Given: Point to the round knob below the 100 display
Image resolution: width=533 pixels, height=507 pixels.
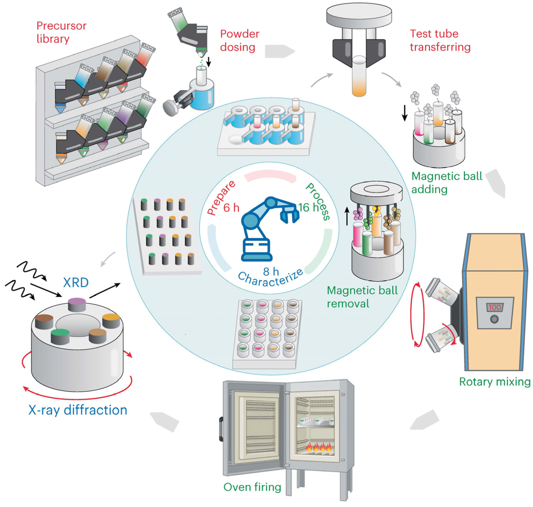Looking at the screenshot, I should tap(494, 319).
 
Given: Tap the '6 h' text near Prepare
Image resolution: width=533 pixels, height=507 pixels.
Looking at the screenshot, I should tap(231, 208).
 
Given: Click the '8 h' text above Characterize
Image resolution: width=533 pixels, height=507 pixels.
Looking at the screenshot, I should tap(271, 271).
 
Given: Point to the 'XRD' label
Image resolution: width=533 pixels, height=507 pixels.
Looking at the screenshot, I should tap(76, 283).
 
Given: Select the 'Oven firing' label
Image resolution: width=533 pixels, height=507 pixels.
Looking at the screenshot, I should tap(252, 487).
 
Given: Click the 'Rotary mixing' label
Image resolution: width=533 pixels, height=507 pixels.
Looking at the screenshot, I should tap(495, 382).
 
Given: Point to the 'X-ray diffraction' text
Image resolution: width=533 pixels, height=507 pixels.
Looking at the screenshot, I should tap(78, 410).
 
